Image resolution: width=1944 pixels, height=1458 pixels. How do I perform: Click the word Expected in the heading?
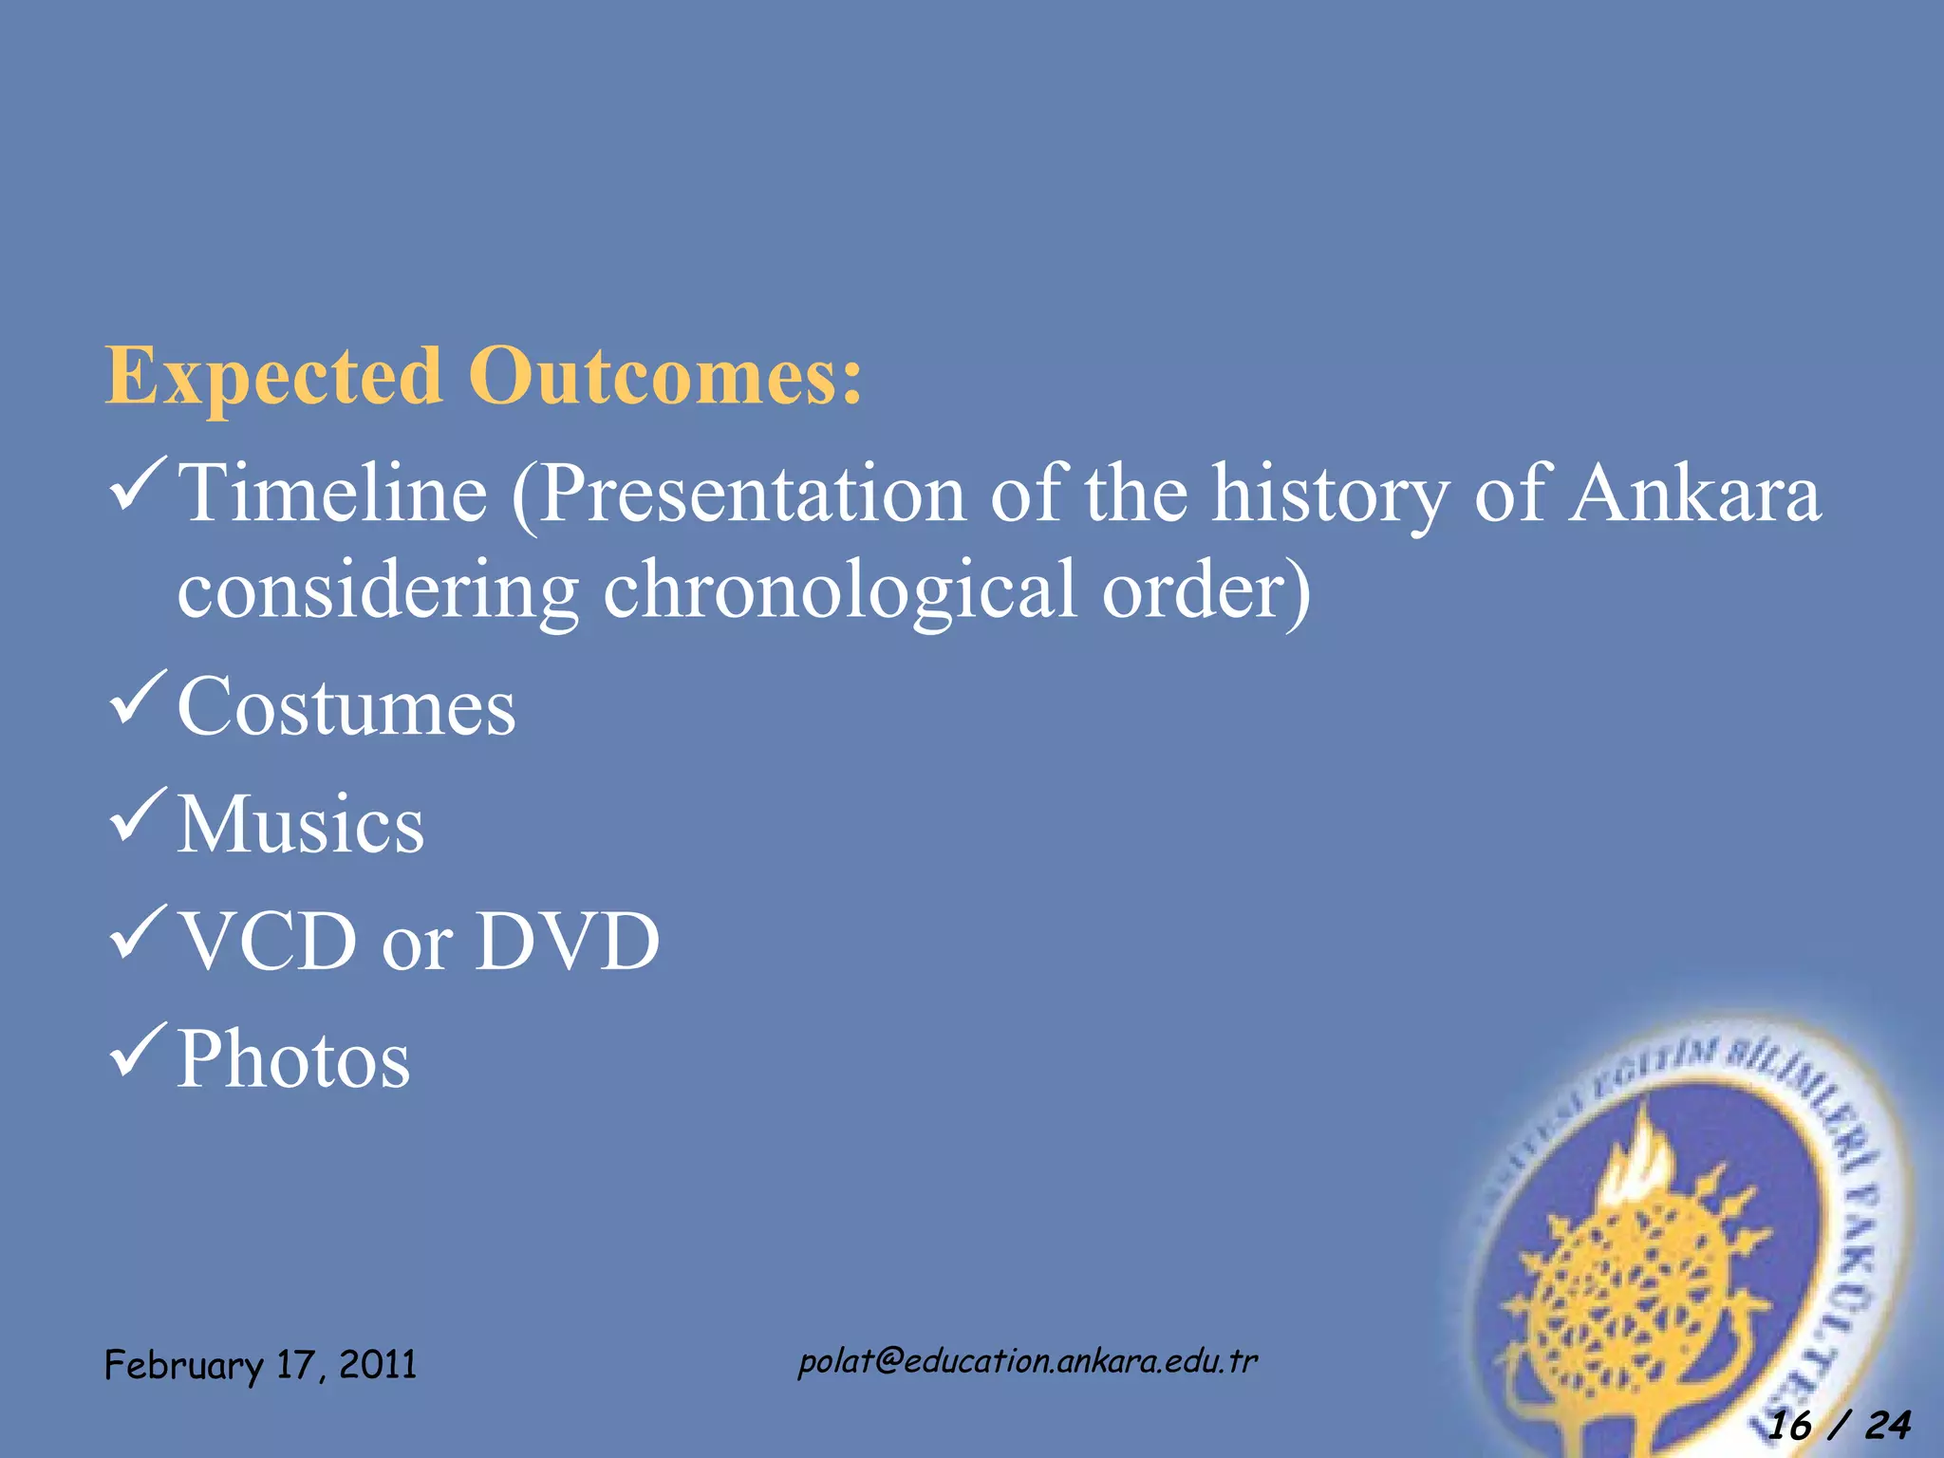(273, 378)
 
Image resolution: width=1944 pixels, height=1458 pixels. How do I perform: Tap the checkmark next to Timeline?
(139, 484)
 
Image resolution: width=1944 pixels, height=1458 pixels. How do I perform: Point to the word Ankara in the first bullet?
(1693, 494)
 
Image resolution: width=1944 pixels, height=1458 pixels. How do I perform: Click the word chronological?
(840, 590)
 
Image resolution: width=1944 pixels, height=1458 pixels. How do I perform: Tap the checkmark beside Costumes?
(139, 697)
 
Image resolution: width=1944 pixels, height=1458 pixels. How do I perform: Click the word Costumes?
(346, 707)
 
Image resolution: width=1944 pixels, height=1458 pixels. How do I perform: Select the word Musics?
(300, 824)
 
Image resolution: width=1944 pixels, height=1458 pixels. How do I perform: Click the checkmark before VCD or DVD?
(139, 932)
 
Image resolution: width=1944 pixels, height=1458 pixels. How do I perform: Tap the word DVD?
(567, 942)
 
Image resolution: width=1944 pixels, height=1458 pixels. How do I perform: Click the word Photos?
(293, 1059)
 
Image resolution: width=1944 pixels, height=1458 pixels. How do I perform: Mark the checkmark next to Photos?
(139, 1050)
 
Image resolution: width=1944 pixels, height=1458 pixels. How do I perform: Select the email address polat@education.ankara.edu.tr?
(1027, 1361)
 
